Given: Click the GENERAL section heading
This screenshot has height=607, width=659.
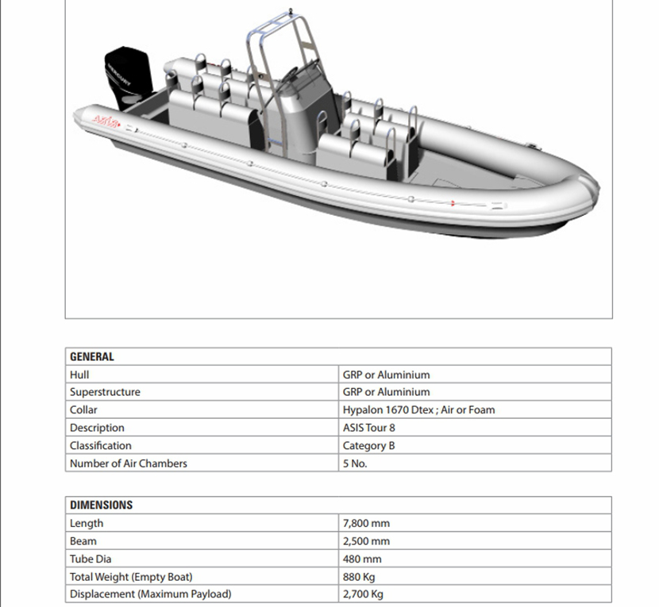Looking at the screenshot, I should point(92,357).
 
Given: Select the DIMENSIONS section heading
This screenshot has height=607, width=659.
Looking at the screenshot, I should point(101,505).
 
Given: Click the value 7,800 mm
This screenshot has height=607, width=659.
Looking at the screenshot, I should point(366,524).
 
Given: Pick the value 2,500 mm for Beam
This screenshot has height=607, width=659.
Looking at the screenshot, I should point(366,541).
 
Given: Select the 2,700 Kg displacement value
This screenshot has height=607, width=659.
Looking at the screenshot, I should point(363,594).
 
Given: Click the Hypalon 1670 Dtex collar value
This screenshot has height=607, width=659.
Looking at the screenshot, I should point(418,410).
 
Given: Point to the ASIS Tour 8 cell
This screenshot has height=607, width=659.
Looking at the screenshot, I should point(368,428).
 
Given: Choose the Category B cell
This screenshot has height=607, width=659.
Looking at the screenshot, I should point(368,446).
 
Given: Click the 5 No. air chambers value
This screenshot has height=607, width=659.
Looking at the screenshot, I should point(355,463).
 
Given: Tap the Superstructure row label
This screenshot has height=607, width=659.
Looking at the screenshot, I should point(105,392).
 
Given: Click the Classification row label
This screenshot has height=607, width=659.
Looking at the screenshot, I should point(101,446).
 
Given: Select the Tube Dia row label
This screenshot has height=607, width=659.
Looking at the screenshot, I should point(91,559).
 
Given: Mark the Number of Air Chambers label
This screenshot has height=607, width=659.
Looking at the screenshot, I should point(129,463).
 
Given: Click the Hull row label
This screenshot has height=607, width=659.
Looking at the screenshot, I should point(79,375).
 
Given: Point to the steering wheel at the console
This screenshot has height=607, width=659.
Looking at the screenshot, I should point(287,75).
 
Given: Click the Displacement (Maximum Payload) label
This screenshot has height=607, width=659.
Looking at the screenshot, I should point(151,594).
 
